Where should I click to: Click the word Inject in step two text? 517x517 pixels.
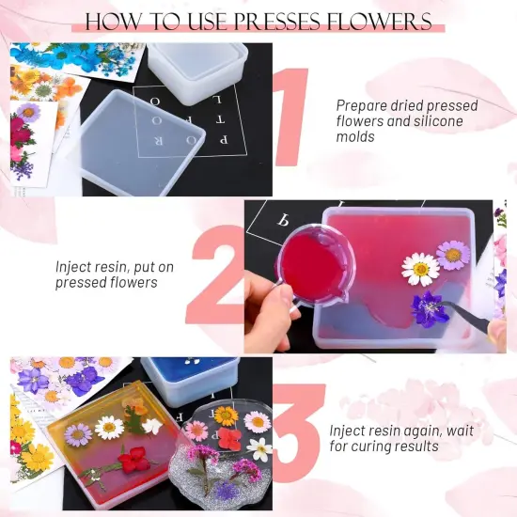point(73,267)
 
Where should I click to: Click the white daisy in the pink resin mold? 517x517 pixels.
point(420,269)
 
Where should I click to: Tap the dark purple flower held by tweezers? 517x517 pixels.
point(431,308)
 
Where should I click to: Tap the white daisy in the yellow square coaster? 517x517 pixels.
point(110,428)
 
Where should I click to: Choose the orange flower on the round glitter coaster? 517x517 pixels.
point(226,415)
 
